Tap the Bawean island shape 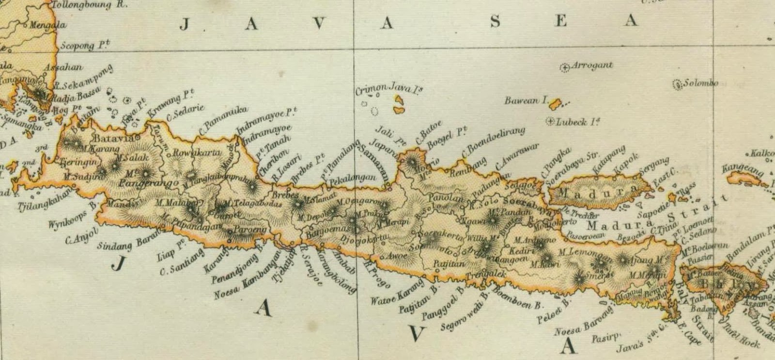(555, 104)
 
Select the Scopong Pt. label (85, 46)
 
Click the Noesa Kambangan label (248, 274)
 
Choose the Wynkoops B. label (73, 219)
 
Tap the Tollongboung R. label (87, 5)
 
